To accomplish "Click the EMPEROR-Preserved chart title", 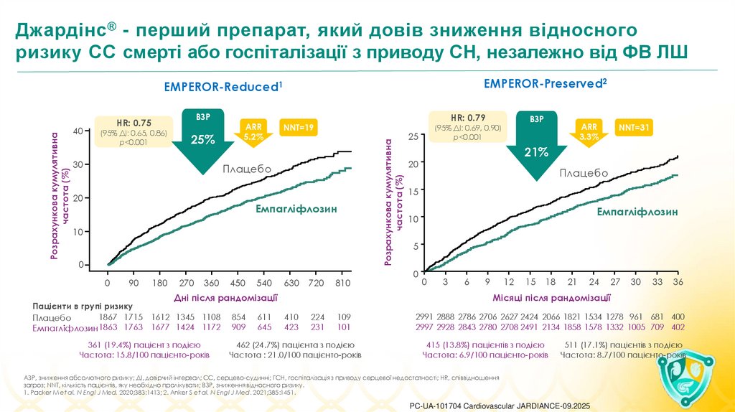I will (x=546, y=83).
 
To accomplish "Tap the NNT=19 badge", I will (x=299, y=127).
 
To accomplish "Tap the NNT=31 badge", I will (x=635, y=128).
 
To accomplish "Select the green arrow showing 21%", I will (x=536, y=144).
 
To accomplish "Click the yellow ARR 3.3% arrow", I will (x=589, y=131).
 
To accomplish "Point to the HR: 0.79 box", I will (x=468, y=126).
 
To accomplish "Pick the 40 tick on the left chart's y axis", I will (x=78, y=131).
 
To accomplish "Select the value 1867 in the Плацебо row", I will (x=108, y=317).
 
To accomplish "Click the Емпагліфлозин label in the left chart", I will (x=294, y=208).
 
